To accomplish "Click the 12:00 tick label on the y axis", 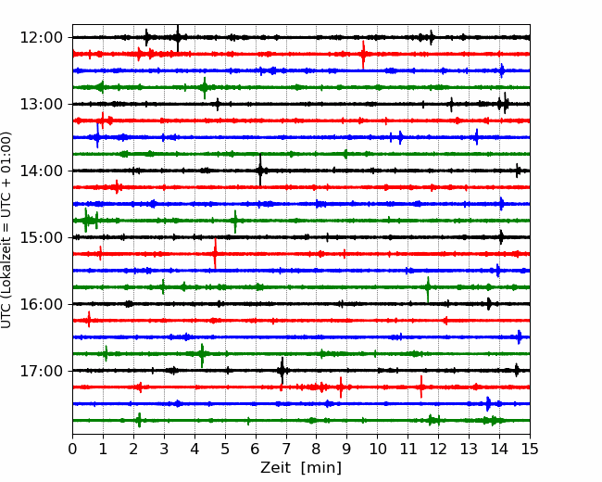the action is pyautogui.click(x=42, y=38).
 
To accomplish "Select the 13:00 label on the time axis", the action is pyautogui.click(x=42, y=104).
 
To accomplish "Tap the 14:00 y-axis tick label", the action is pyautogui.click(x=42, y=171).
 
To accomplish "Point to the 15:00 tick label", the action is pyautogui.click(x=42, y=237).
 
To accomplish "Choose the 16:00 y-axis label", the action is pyautogui.click(x=42, y=304).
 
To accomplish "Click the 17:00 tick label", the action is pyautogui.click(x=42, y=371).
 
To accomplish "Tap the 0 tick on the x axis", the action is pyautogui.click(x=72, y=449).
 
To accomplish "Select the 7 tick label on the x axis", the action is pyautogui.click(x=286, y=449).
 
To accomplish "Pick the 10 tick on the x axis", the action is pyautogui.click(x=377, y=449).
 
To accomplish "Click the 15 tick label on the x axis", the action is pyautogui.click(x=530, y=449).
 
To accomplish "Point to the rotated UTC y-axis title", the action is pyautogui.click(x=6, y=230).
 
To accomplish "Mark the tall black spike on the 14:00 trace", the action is pyautogui.click(x=260, y=170).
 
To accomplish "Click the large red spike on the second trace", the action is pyautogui.click(x=363, y=55).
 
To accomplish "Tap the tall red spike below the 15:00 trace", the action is pyautogui.click(x=215, y=254).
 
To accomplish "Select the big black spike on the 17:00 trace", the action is pyautogui.click(x=282, y=371).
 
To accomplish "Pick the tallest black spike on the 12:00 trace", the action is pyautogui.click(x=178, y=38).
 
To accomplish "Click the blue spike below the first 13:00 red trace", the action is pyautogui.click(x=97, y=135).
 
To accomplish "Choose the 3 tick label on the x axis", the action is pyautogui.click(x=164, y=449).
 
